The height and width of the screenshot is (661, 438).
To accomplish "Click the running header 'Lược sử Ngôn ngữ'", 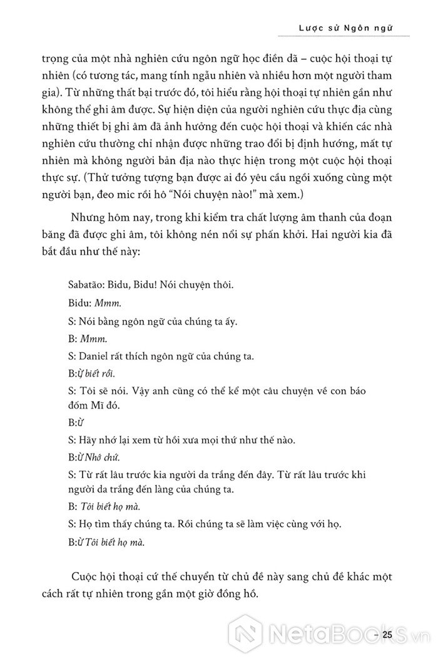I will coord(342,28).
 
